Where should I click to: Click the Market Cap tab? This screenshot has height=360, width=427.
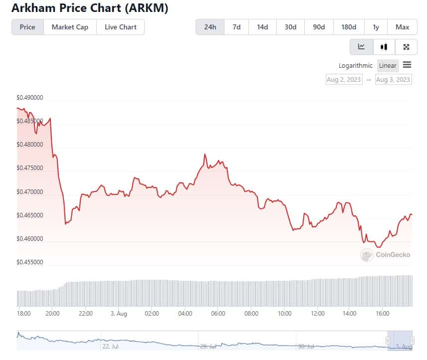coord(70,27)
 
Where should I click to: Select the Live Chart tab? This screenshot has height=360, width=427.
coord(120,27)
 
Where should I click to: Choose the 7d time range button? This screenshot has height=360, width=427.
coord(236,27)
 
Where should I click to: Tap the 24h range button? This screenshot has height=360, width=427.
coord(210,27)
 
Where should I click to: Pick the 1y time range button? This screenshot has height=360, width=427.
coord(375,27)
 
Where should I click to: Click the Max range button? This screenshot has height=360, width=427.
coord(402,27)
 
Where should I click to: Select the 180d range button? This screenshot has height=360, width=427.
coord(348,27)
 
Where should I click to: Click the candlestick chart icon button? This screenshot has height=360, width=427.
coord(384,47)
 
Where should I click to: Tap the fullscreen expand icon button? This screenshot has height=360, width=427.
coord(406,47)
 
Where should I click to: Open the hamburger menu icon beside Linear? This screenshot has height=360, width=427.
coord(407,65)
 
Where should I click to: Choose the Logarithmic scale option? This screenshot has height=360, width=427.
coord(355,65)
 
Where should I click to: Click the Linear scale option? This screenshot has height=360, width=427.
coord(388,65)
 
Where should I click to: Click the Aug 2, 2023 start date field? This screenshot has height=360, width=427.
coord(344,79)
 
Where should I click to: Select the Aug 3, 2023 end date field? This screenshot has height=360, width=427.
coord(394,79)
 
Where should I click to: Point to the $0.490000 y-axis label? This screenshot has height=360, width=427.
coord(29,98)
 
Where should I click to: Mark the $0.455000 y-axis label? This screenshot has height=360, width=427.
coord(29,262)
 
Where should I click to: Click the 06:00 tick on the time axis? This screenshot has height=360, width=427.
coord(218,314)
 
